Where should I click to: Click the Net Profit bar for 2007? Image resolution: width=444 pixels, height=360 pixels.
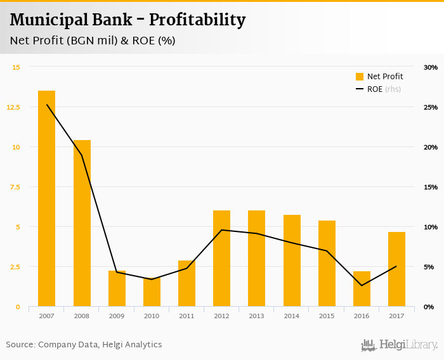point(46,198)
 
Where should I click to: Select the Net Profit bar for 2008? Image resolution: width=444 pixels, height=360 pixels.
point(82,223)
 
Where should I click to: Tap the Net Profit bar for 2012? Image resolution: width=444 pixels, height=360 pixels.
point(221,259)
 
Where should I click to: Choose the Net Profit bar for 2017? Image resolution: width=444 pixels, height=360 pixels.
point(396,269)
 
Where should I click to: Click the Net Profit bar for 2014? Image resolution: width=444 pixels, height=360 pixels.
point(292,260)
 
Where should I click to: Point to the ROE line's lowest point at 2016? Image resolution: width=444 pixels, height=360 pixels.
point(362,285)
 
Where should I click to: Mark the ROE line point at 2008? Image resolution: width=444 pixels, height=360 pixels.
point(82,155)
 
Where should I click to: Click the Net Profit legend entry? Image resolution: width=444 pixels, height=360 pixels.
point(379,77)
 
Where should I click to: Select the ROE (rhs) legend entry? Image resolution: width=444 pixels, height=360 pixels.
point(379,89)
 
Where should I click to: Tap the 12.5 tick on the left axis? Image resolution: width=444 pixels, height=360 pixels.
point(13,107)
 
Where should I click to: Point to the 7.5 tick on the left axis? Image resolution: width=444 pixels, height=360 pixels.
point(15,187)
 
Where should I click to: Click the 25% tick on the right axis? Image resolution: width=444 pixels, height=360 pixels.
point(431,107)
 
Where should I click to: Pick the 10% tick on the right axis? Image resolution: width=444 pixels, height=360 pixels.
point(431,227)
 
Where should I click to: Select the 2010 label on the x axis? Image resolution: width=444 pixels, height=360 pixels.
point(152,316)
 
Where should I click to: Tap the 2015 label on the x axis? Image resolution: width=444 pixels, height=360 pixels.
point(327,316)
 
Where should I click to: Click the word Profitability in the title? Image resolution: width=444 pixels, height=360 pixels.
point(197,20)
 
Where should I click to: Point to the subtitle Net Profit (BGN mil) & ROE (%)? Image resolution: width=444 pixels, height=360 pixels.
point(93,41)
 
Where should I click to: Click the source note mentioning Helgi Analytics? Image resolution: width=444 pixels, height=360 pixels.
point(84,345)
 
